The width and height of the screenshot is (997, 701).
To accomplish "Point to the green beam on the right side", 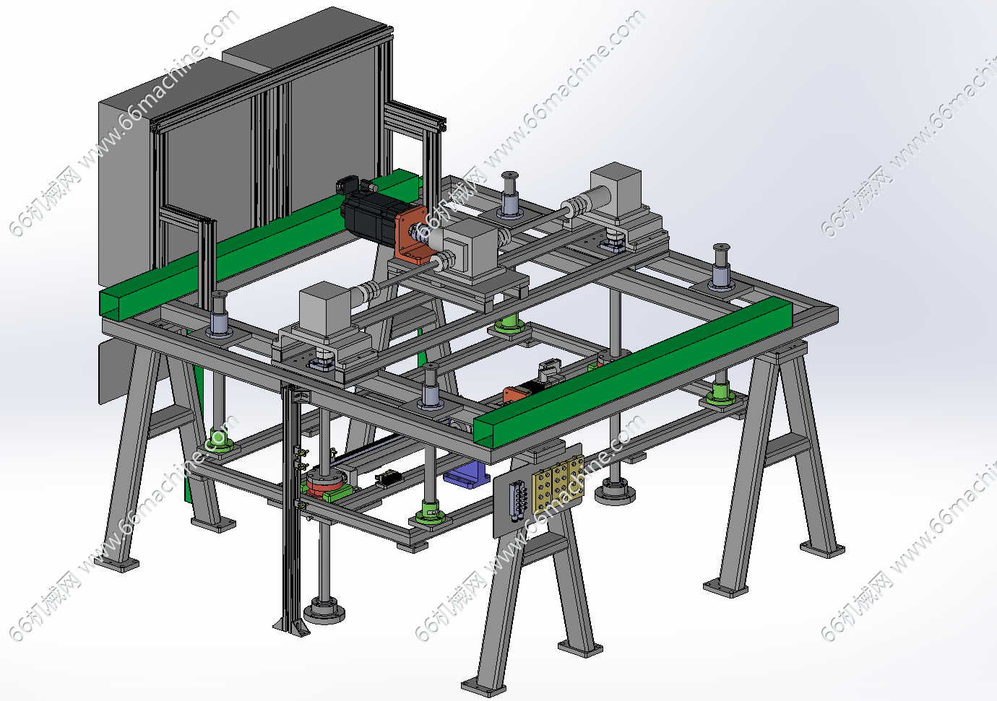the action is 633,372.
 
